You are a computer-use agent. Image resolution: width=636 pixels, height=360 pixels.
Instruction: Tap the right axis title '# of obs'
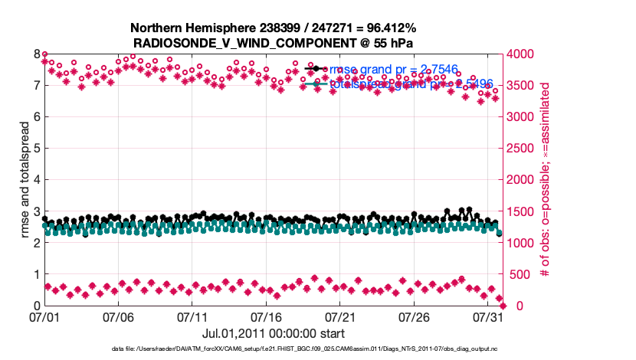[x=546, y=180]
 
